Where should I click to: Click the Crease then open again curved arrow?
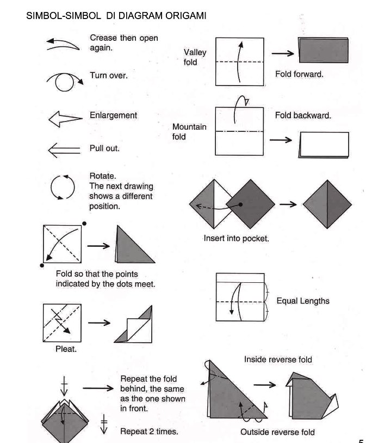[x=64, y=44]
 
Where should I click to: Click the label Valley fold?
[x=194, y=57]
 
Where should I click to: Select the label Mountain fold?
[x=189, y=131]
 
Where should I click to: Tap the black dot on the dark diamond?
[x=239, y=204]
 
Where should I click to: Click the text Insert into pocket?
[x=236, y=238]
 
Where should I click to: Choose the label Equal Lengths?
[x=302, y=301]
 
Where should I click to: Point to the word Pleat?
[x=66, y=349]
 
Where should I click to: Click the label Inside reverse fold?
[x=278, y=360]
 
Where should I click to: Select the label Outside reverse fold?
[x=277, y=433]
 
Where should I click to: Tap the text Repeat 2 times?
[x=149, y=432]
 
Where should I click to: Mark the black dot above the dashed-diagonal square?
[x=84, y=223]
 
